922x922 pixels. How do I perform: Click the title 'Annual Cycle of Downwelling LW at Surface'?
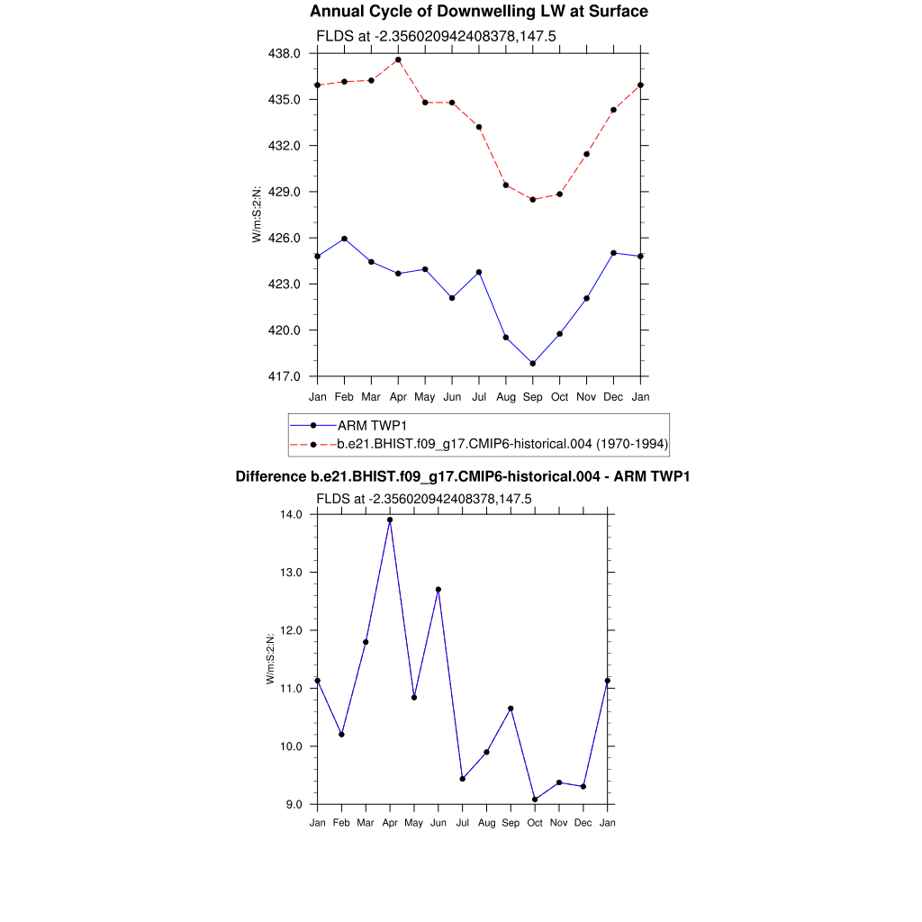click(478, 12)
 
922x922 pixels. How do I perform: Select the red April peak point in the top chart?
click(398, 59)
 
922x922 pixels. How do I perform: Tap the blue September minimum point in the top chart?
click(533, 364)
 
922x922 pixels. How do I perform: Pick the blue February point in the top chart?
click(344, 239)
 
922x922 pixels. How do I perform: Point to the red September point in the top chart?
click(533, 200)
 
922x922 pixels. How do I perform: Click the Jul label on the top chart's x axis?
click(479, 396)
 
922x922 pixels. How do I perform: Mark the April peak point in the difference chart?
click(390, 520)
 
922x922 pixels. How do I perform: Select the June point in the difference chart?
click(438, 590)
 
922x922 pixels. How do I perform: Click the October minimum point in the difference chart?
click(536, 800)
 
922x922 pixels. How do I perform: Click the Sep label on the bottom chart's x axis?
click(511, 823)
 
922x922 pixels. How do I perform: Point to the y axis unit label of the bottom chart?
click(270, 659)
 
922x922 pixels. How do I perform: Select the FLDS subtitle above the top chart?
click(424, 36)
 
